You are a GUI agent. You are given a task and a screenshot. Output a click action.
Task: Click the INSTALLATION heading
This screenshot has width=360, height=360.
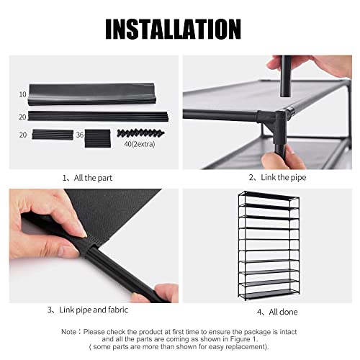pos(173,29)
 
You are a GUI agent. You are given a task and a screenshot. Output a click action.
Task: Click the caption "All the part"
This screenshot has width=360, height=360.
pos(93,178)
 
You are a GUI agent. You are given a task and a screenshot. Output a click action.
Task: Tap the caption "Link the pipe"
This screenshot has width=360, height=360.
pos(284,177)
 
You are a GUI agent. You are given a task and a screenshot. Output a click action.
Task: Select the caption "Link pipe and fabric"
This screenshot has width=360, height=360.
pos(94,310)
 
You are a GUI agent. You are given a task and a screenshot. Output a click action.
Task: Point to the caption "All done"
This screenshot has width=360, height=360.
pos(283,312)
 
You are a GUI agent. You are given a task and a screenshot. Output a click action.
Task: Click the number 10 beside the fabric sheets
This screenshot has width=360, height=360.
pos(22,94)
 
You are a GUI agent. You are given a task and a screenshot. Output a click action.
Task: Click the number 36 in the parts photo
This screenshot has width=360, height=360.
pos(80,135)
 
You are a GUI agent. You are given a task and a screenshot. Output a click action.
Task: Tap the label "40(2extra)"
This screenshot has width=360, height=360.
pos(140,144)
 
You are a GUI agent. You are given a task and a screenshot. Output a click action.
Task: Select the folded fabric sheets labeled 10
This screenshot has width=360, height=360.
pos(92,94)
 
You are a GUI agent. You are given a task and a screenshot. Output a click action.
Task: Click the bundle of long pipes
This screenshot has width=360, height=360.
pos(99,116)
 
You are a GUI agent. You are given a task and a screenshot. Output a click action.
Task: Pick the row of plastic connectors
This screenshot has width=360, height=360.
pos(140,133)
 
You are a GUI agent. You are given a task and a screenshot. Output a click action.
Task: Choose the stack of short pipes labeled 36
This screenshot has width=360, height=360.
pos(98,138)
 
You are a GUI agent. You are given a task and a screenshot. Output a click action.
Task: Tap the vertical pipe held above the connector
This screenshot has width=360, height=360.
pos(286,76)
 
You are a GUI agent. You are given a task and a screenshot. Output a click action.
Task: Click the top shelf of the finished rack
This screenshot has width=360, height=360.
pos(269,196)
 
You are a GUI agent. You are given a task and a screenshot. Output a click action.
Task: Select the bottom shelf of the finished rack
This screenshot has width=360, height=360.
pos(269,294)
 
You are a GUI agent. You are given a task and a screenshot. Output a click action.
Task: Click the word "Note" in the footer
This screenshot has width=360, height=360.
pos(69,332)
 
